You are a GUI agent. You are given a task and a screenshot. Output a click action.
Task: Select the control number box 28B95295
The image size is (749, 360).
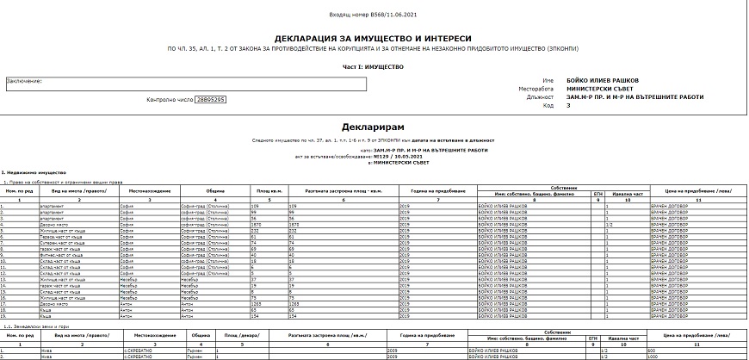tap(210, 100)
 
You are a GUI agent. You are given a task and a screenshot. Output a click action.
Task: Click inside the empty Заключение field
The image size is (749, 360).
tap(186, 84)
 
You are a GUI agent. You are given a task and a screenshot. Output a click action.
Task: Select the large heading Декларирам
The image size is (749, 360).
tap(373, 127)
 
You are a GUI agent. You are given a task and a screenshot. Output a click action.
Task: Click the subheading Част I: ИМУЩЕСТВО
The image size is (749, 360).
tap(373, 65)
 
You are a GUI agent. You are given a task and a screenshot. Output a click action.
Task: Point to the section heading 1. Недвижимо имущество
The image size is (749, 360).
tap(29, 174)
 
